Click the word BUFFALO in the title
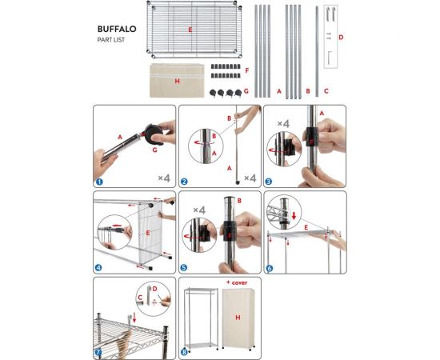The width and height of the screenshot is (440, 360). pyautogui.click(x=117, y=29)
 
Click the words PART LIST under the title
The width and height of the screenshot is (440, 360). pyautogui.click(x=111, y=40)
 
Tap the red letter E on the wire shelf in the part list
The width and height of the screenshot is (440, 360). pyautogui.click(x=190, y=30)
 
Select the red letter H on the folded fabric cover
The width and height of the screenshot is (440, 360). pyautogui.click(x=177, y=82)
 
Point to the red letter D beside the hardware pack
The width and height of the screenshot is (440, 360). pyautogui.click(x=341, y=38)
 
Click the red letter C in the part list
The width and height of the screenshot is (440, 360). pyautogui.click(x=326, y=91)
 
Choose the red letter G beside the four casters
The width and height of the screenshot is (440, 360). pyautogui.click(x=246, y=91)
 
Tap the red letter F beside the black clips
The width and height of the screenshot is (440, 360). pyautogui.click(x=247, y=70)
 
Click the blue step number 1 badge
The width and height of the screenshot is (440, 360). pyautogui.click(x=99, y=182)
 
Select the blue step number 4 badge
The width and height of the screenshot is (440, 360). pyautogui.click(x=98, y=268)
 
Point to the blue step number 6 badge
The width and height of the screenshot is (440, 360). pyautogui.click(x=269, y=268)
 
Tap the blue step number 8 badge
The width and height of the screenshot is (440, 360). pyautogui.click(x=184, y=352)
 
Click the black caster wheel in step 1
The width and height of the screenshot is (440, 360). pyautogui.click(x=154, y=134)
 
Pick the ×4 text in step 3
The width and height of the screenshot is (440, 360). pyautogui.click(x=283, y=123)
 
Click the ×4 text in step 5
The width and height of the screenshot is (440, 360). pyautogui.click(x=199, y=210)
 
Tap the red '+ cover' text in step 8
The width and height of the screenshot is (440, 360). pyautogui.click(x=237, y=282)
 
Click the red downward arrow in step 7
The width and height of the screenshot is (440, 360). pyautogui.click(x=134, y=318)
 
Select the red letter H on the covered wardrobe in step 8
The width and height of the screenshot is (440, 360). pyautogui.click(x=238, y=318)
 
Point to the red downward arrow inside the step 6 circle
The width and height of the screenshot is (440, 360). pyautogui.click(x=294, y=216)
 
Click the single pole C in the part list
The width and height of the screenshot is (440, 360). pyautogui.click(x=317, y=52)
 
